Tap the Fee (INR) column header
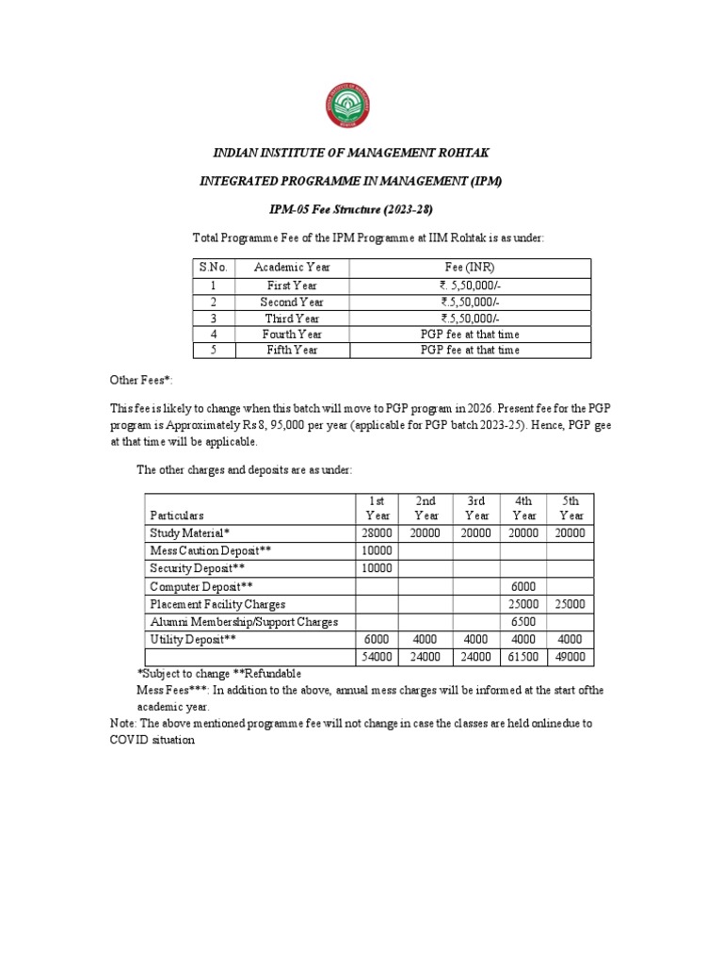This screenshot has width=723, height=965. (470, 268)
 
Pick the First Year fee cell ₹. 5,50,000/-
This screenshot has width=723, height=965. (470, 286)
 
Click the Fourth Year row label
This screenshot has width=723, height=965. (292, 334)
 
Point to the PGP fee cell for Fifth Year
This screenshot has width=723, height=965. (470, 350)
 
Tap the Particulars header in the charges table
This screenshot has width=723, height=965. (177, 515)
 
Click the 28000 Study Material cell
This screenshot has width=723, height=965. (377, 532)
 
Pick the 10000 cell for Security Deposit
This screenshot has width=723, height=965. (377, 568)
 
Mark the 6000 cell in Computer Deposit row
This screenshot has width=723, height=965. (523, 586)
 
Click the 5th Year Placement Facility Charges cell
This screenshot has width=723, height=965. (570, 604)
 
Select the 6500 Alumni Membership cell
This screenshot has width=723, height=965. (523, 622)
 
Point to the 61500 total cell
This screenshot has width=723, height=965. (523, 658)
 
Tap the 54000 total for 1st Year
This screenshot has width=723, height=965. (377, 658)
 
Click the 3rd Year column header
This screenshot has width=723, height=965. (476, 508)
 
